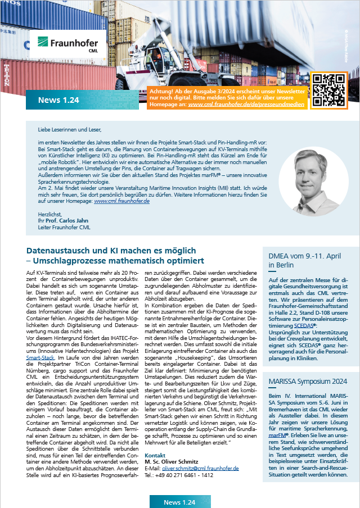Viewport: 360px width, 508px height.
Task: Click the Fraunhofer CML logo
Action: (x=67, y=44)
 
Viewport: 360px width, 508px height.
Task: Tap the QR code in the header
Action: (x=328, y=89)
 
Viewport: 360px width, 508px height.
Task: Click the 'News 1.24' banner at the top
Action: (x=58, y=100)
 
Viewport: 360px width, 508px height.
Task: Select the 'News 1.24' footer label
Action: (x=179, y=501)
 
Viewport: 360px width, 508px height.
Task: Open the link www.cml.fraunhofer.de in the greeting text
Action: (x=121, y=201)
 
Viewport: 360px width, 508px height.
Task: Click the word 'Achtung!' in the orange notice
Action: (x=163, y=91)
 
